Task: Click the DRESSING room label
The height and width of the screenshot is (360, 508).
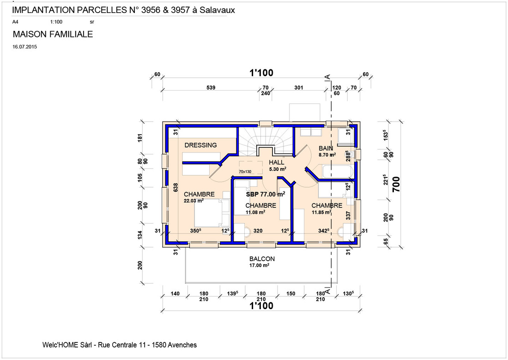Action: (x=200, y=145)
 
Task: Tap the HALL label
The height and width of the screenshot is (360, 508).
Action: (x=276, y=163)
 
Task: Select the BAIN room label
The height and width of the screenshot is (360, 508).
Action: (x=326, y=148)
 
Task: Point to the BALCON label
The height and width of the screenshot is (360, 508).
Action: (x=262, y=259)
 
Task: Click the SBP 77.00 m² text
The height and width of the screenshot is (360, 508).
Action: (x=266, y=194)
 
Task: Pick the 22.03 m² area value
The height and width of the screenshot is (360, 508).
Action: (x=194, y=201)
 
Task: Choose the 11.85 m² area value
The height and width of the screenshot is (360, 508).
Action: (x=321, y=213)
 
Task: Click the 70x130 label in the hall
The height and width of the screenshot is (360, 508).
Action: (x=245, y=171)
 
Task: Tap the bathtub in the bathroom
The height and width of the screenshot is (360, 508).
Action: (x=337, y=171)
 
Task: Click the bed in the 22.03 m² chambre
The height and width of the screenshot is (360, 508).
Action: (x=208, y=213)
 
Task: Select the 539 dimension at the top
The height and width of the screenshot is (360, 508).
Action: (x=211, y=87)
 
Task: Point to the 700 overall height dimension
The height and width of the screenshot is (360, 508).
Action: (x=396, y=184)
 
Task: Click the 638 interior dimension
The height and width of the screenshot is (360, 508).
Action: (x=175, y=188)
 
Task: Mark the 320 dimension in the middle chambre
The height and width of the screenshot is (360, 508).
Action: (x=258, y=231)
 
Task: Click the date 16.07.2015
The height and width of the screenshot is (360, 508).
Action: (x=24, y=47)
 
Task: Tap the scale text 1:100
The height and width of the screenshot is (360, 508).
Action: (x=56, y=22)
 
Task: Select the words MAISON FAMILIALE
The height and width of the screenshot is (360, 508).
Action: (x=53, y=34)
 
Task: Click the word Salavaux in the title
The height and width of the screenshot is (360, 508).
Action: (x=217, y=10)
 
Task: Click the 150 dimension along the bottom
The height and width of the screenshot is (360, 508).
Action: (x=290, y=293)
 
